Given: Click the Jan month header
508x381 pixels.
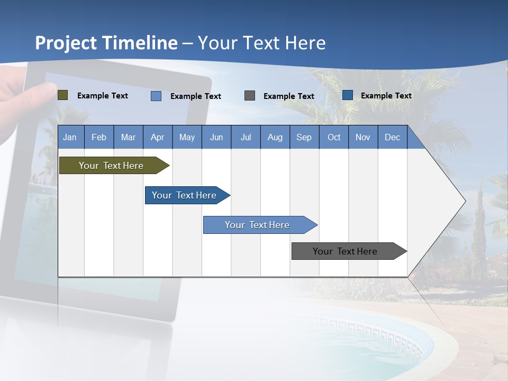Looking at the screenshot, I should click(70, 137).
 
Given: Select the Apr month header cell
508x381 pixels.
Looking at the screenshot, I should click(158, 137).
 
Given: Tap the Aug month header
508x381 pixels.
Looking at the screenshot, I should click(275, 137).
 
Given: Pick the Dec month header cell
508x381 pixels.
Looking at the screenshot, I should click(393, 137).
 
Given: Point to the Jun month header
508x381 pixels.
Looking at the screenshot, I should click(216, 137).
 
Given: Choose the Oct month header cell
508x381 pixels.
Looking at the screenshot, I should click(334, 137).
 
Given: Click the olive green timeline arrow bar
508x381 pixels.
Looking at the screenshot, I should click(112, 166).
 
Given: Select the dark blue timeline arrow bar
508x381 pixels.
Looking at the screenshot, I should click(185, 195).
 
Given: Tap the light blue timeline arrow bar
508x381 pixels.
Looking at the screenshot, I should click(258, 225).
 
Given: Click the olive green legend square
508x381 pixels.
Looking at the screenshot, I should click(63, 95).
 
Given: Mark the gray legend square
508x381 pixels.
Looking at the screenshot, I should click(250, 96).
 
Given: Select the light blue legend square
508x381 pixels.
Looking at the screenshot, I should click(156, 96).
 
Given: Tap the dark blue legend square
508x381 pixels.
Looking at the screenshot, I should click(348, 95).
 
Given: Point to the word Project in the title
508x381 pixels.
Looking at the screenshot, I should click(66, 43).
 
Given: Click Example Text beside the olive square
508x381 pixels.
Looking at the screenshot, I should click(103, 96).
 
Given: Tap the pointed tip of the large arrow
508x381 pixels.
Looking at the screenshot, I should click(464, 201).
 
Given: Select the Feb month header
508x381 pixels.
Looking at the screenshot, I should click(99, 137).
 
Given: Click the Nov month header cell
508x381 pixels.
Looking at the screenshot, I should click(363, 137).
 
